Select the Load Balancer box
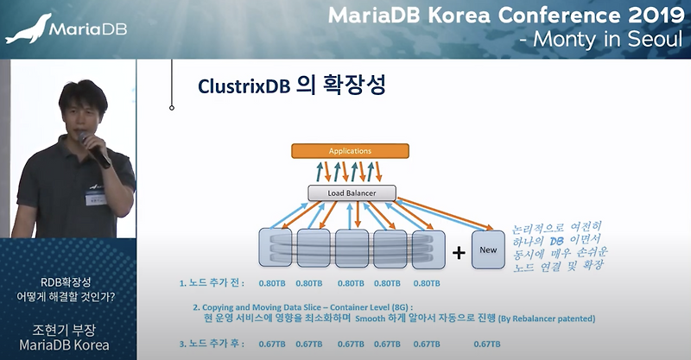point(352,193)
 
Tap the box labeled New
point(488,249)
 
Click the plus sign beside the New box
point(459,252)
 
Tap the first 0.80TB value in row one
point(272,283)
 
